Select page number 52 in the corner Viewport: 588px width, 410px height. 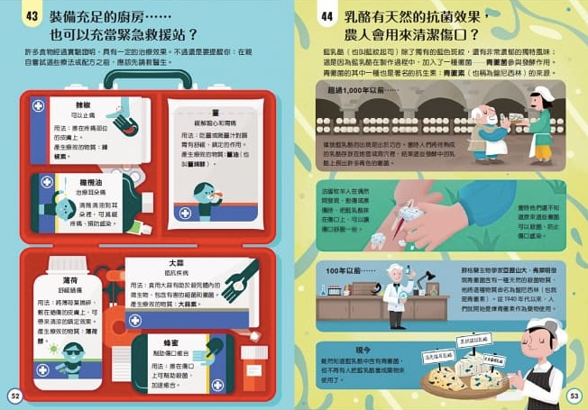[x=14, y=396]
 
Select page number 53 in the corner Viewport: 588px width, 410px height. [x=574, y=396]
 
